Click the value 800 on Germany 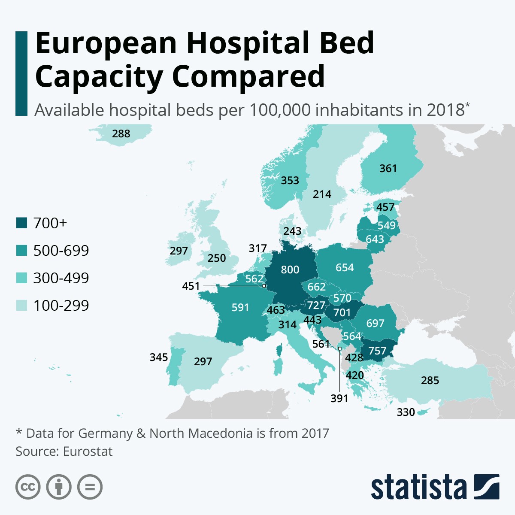[x=290, y=270]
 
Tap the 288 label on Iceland [x=121, y=133]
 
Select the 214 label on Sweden [x=322, y=194]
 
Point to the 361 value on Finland [x=388, y=168]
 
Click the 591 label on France [x=240, y=307]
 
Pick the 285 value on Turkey [x=430, y=381]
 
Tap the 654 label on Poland [x=345, y=268]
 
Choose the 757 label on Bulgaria [x=377, y=351]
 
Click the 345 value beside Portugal [x=159, y=357]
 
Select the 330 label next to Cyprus [x=406, y=412]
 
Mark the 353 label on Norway [x=290, y=180]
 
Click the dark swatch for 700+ [x=21, y=223]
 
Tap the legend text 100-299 [x=61, y=306]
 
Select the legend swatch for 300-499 [x=21, y=278]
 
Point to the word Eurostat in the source [x=88, y=451]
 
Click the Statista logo [x=434, y=487]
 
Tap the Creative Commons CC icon [x=28, y=487]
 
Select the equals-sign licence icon [x=90, y=487]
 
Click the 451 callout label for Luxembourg [x=191, y=286]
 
